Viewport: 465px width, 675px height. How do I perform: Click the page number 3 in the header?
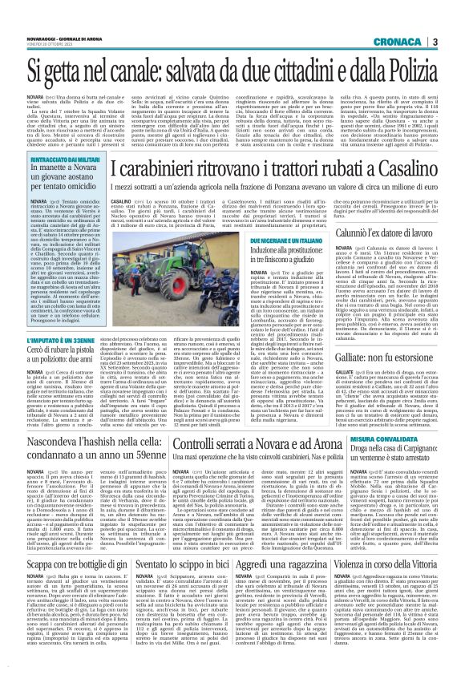coord(455,19)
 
